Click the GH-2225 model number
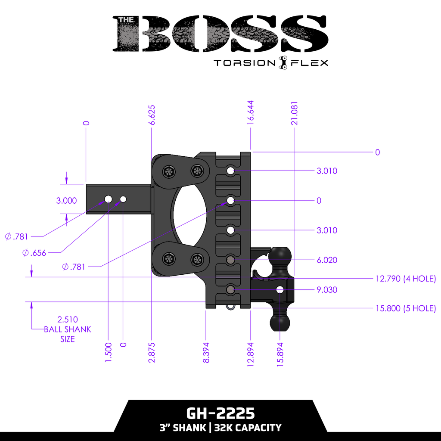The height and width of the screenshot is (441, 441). (x=220, y=413)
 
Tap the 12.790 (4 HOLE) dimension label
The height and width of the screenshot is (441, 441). (x=406, y=279)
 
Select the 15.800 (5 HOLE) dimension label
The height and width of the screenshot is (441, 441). (x=406, y=308)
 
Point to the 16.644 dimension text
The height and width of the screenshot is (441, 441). (x=250, y=113)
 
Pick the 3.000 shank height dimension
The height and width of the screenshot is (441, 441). (x=66, y=200)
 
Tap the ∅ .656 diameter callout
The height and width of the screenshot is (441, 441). (x=34, y=253)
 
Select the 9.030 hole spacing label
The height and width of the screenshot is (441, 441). (x=326, y=290)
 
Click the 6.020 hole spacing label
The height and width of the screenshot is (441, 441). (x=326, y=260)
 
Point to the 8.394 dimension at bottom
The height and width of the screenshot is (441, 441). (x=206, y=353)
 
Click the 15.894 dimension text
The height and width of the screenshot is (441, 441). (x=280, y=354)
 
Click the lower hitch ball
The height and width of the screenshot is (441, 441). (x=280, y=321)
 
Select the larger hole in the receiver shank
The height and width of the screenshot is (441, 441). (x=108, y=199)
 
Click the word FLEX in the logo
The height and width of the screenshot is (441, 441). (x=310, y=63)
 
